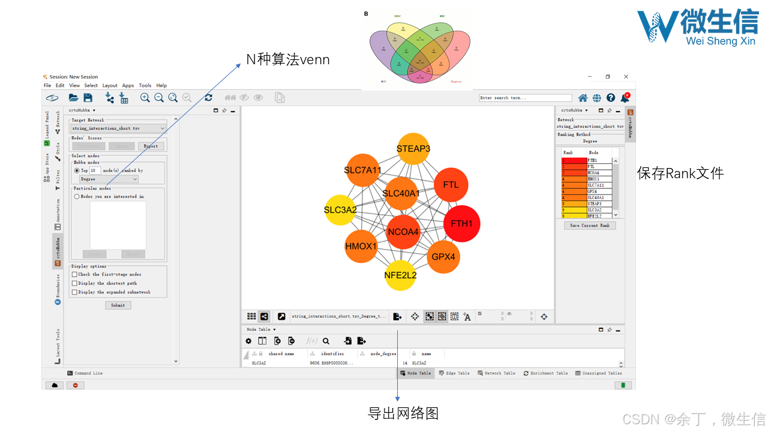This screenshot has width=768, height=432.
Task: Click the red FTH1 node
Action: click(x=461, y=224)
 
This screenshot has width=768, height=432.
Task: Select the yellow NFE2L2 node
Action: click(x=400, y=275)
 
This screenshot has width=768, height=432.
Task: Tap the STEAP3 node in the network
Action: click(x=413, y=148)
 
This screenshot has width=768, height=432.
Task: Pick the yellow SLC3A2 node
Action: click(x=340, y=210)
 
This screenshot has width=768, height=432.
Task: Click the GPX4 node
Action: click(x=443, y=257)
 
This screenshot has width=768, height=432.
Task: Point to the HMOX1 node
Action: click(x=361, y=246)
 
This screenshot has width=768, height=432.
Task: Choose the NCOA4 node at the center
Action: click(x=403, y=232)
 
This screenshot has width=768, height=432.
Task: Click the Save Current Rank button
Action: click(x=590, y=226)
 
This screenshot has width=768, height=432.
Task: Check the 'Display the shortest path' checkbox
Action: click(x=74, y=283)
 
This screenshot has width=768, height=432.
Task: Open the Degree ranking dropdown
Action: click(x=109, y=179)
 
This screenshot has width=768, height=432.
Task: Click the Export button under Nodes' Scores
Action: click(x=151, y=146)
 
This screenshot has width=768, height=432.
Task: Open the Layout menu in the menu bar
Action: click(x=110, y=86)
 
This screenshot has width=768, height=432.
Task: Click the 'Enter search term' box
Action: click(x=526, y=98)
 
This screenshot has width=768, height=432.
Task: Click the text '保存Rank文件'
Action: click(x=680, y=174)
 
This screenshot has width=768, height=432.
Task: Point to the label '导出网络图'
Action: click(x=403, y=413)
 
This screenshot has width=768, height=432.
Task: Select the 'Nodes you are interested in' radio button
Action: click(x=77, y=196)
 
